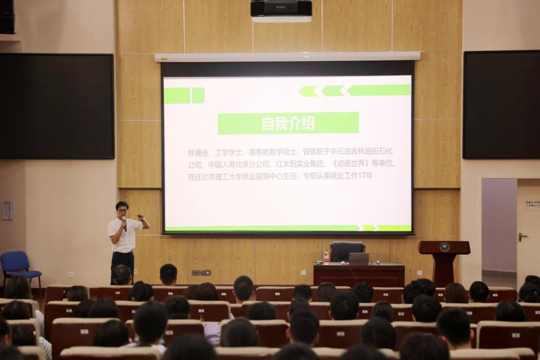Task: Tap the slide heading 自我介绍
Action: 288,123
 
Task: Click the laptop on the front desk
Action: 359,259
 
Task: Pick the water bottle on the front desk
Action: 326,257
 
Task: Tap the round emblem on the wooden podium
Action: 444,247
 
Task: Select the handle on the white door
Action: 522,236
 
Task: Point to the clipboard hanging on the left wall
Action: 7,211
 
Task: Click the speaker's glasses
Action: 122,209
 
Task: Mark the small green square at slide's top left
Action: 198,95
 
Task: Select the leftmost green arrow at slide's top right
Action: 308,91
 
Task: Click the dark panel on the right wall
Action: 501,104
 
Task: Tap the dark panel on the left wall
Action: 57,106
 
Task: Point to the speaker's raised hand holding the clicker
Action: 142,218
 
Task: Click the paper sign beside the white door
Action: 532,204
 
